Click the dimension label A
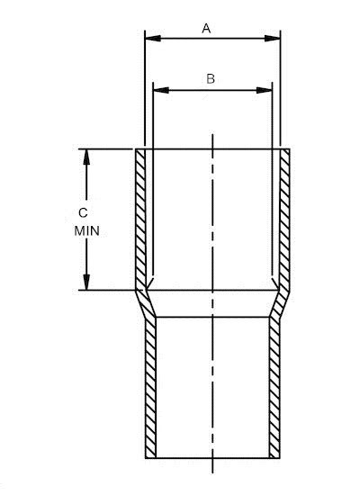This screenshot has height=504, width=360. coord(206,29)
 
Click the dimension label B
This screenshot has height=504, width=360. coord(211,78)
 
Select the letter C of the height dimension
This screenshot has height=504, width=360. coord(84,213)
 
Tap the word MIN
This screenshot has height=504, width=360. coord(86,230)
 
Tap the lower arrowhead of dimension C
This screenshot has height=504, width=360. coord(87,282)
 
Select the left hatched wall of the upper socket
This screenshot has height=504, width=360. coord(141,216)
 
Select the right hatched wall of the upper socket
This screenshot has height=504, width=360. coord(284,216)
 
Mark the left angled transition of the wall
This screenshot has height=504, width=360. coord(145,303)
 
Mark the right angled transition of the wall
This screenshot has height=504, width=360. coord(280,303)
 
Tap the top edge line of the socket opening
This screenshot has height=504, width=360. coord(212,148)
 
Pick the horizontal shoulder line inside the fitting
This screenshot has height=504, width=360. coord(212,317)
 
